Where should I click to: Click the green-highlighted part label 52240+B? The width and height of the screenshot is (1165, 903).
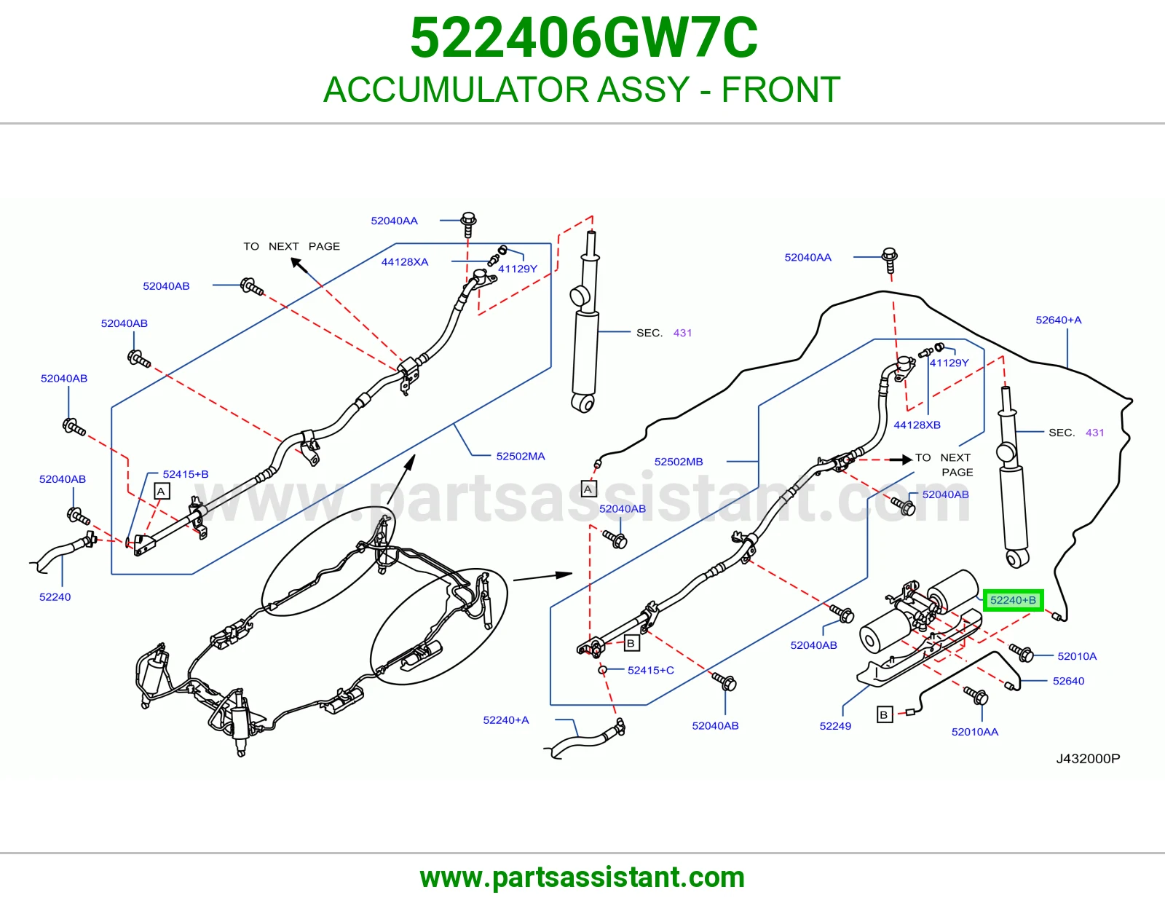pyautogui.click(x=1013, y=600)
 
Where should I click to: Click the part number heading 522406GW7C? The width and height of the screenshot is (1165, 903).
pyautogui.click(x=584, y=38)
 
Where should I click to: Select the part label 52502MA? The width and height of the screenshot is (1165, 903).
pyautogui.click(x=520, y=457)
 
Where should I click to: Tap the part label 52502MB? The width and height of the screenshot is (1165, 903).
pyautogui.click(x=678, y=462)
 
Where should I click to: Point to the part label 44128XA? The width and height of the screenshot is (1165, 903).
pyautogui.click(x=405, y=262)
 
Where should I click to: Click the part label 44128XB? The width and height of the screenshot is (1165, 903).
pyautogui.click(x=917, y=425)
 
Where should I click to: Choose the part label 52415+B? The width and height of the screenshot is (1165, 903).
pyautogui.click(x=186, y=475)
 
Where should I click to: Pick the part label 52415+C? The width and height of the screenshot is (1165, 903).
pyautogui.click(x=650, y=670)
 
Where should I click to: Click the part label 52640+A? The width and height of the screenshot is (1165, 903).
pyautogui.click(x=1058, y=320)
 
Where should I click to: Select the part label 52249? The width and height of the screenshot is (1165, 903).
pyautogui.click(x=834, y=726)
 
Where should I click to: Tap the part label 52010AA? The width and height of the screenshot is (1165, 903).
pyautogui.click(x=975, y=732)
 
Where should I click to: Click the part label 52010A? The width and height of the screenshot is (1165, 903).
pyautogui.click(x=1077, y=656)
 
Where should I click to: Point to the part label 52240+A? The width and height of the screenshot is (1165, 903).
pyautogui.click(x=505, y=720)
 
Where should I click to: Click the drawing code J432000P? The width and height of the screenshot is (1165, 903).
pyautogui.click(x=1088, y=759)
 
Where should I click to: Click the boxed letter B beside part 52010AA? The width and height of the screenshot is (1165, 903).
pyautogui.click(x=884, y=715)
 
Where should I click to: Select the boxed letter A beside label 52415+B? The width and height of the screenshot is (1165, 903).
pyautogui.click(x=162, y=491)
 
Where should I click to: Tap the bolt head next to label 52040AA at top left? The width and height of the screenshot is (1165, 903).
pyautogui.click(x=469, y=219)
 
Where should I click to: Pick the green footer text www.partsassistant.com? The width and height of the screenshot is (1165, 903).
pyautogui.click(x=582, y=878)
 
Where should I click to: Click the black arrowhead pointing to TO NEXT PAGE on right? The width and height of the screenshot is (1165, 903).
pyautogui.click(x=907, y=460)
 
